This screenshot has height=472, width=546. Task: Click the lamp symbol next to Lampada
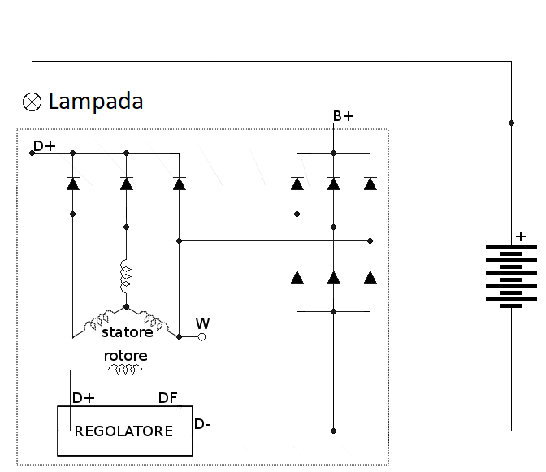coord(32,102)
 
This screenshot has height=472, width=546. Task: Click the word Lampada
coord(96,102)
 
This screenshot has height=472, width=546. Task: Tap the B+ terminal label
coord(343,117)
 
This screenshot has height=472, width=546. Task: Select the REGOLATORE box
coord(124,431)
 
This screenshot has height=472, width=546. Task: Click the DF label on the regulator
coord(168,398)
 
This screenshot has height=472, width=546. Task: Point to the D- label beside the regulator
coord(203,423)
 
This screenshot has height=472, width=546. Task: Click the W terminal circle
coord(202,336)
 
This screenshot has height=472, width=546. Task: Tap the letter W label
coord(202,324)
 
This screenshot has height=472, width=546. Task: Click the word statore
coord(127,332)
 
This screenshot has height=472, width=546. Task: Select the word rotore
coord(125,356)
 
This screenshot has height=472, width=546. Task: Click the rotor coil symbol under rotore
coord(126,370)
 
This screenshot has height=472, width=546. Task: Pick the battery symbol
coord(511,276)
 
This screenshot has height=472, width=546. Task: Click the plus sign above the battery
coord(520,237)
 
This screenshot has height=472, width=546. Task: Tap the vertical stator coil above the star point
coord(126,277)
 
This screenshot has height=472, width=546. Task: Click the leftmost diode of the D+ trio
coord(72,184)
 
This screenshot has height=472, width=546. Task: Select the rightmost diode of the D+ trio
coord(180,184)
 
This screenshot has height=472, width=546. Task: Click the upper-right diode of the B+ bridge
coord(370,184)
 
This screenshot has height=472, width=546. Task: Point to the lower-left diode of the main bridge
coord(297,278)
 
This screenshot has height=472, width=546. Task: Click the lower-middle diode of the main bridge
coord(333,278)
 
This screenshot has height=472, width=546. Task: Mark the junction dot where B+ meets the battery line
coord(511,123)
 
